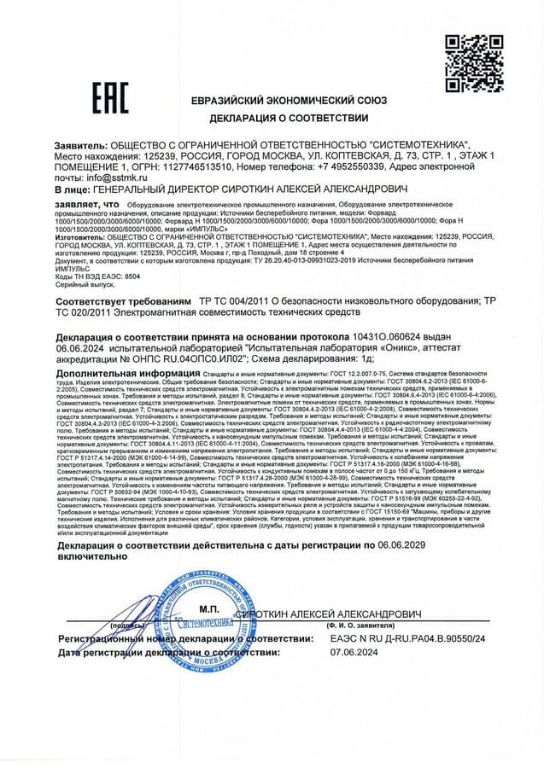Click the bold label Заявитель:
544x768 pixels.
point(81,147)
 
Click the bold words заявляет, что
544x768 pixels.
point(87,205)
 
